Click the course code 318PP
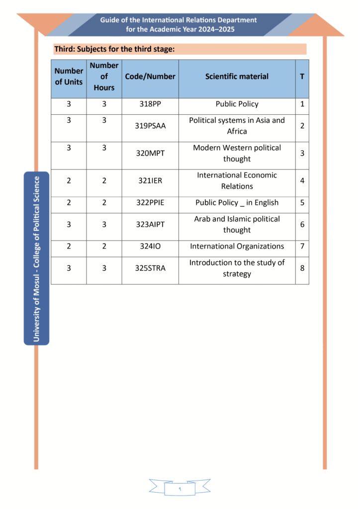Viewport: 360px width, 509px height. pyautogui.click(x=150, y=104)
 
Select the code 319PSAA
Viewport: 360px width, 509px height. pyautogui.click(x=150, y=126)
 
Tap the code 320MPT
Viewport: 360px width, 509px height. pyautogui.click(x=150, y=153)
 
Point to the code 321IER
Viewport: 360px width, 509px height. pyautogui.click(x=150, y=180)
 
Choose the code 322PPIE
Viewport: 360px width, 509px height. pyautogui.click(x=150, y=203)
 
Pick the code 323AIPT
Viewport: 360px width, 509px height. pyautogui.click(x=150, y=225)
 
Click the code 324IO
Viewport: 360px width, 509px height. pyautogui.click(x=150, y=247)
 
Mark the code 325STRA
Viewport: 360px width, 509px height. pyautogui.click(x=150, y=268)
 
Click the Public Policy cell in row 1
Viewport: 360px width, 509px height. pyautogui.click(x=237, y=104)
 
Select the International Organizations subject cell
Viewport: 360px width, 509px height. pyautogui.click(x=237, y=247)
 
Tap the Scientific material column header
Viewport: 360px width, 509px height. pyautogui.click(x=237, y=77)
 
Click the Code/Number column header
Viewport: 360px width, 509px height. pyautogui.click(x=150, y=77)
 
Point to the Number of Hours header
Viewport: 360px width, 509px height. pyautogui.click(x=104, y=77)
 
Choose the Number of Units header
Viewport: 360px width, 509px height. pyautogui.click(x=69, y=77)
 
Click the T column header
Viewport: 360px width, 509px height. pyautogui.click(x=302, y=77)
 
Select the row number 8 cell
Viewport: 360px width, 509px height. pyautogui.click(x=302, y=268)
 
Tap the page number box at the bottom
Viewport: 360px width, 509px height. pyautogui.click(x=180, y=489)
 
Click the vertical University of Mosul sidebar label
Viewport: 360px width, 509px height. pyautogui.click(x=36, y=258)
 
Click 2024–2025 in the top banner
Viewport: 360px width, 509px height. pyautogui.click(x=216, y=29)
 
